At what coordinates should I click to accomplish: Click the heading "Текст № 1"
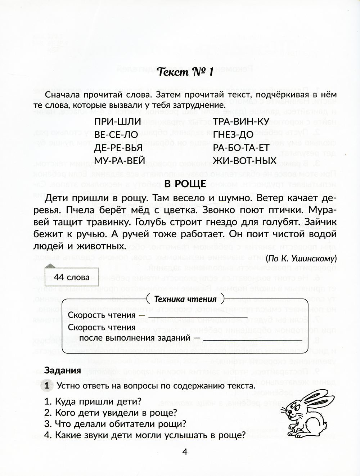[x=186, y=72]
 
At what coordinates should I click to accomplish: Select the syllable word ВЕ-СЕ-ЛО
[x=116, y=135]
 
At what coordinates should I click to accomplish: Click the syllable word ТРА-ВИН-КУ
[x=241, y=122]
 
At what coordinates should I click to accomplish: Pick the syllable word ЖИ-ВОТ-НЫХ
[x=244, y=161]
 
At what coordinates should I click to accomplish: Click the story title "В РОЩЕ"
[x=185, y=184]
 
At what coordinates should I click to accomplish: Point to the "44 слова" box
[x=72, y=277]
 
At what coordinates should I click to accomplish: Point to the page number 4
[x=185, y=452]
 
